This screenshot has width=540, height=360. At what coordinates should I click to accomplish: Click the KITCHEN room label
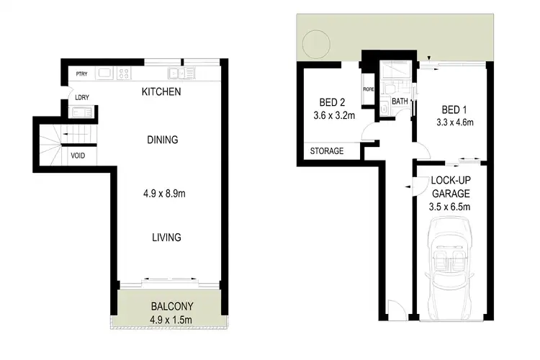tap(161, 92)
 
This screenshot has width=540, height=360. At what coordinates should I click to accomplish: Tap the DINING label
tap(161, 140)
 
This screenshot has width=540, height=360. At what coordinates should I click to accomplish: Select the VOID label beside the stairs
tap(78, 154)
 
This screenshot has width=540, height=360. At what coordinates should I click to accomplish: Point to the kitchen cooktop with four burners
tap(125, 73)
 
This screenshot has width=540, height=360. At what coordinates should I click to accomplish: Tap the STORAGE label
tap(326, 151)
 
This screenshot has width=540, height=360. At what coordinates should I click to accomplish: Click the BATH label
tap(400, 102)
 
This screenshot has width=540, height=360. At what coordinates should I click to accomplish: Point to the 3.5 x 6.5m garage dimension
tap(451, 207)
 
